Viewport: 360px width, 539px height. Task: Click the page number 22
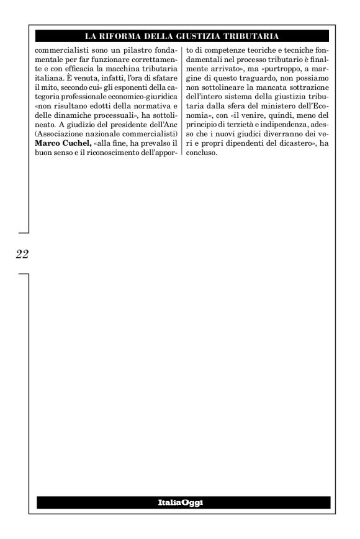tap(21, 254)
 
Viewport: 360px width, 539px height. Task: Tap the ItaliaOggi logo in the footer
tap(183, 502)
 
